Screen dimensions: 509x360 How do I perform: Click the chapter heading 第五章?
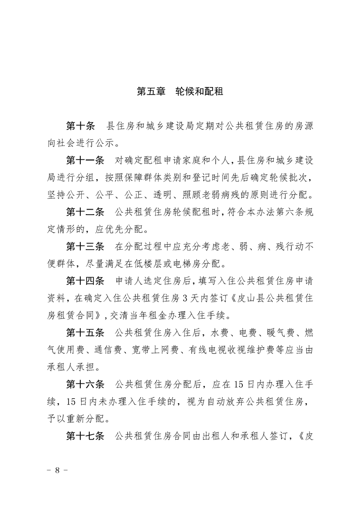click(x=152, y=91)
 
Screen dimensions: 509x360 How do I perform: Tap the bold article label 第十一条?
click(x=85, y=161)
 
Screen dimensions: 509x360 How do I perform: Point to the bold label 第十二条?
click(x=85, y=211)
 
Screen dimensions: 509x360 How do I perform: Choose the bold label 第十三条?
click(x=85, y=247)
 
